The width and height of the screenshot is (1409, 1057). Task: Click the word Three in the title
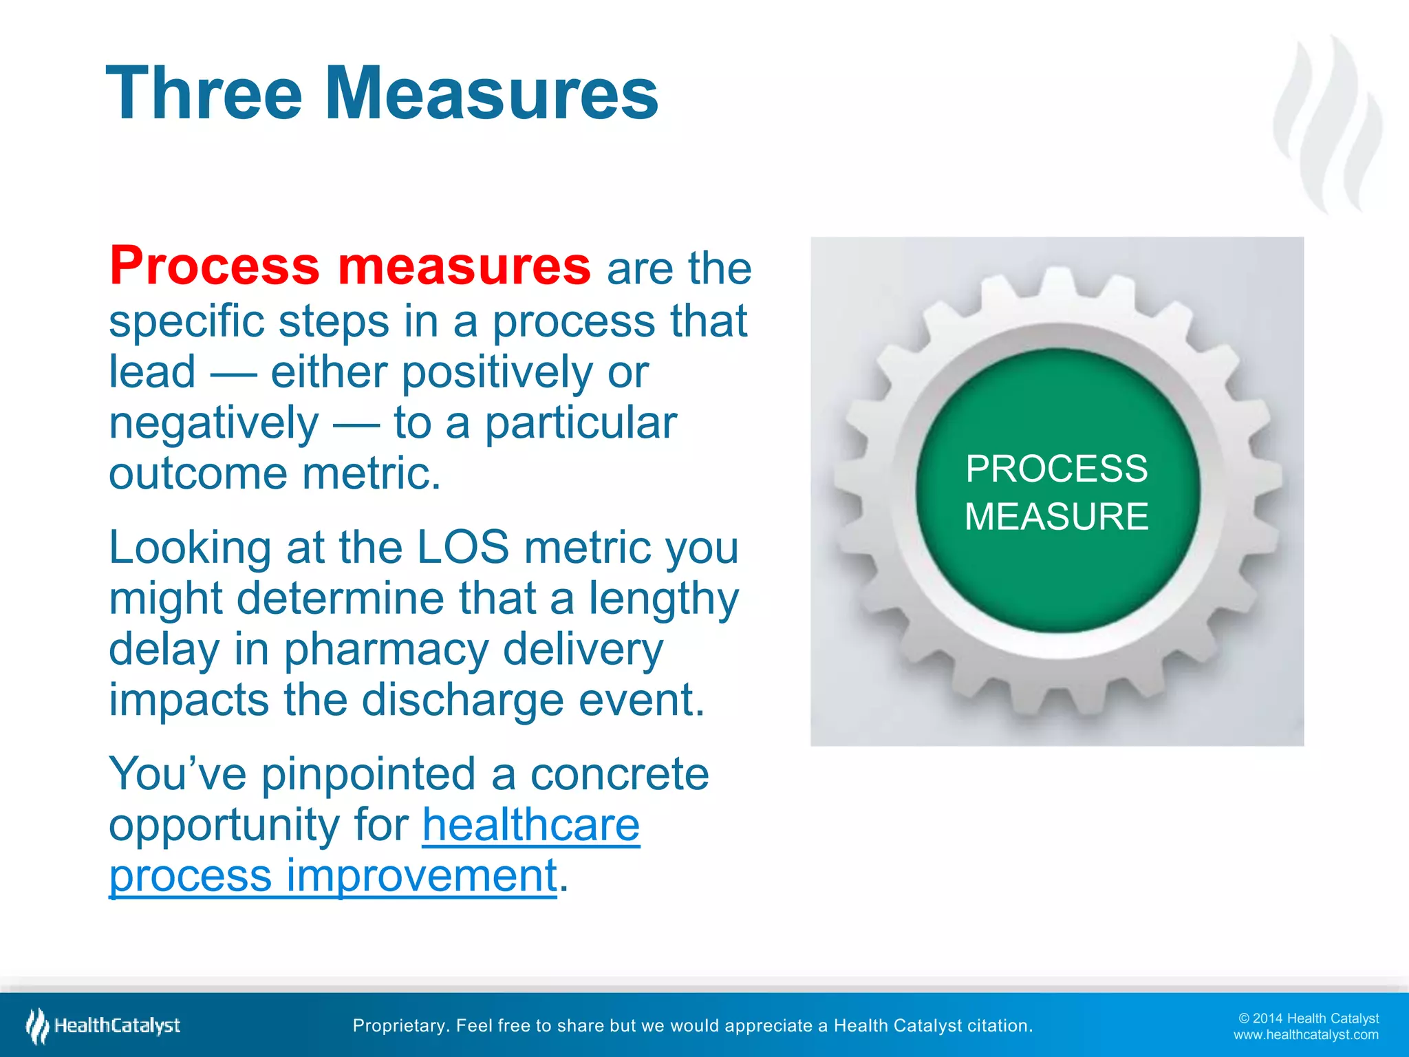click(204, 94)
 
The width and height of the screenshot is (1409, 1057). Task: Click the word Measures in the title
click(491, 94)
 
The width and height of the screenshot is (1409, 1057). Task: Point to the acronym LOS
click(463, 548)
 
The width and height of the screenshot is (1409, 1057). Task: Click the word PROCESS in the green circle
click(1056, 469)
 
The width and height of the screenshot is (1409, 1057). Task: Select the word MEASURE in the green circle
click(1056, 517)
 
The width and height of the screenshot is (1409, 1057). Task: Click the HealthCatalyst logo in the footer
click(103, 1026)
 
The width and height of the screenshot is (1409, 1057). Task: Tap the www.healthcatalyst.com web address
click(1305, 1035)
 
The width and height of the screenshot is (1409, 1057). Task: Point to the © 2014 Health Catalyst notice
click(1308, 1018)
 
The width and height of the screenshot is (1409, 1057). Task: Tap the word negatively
click(214, 424)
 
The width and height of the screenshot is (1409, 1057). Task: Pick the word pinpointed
click(368, 774)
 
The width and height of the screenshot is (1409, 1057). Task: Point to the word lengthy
click(663, 599)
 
